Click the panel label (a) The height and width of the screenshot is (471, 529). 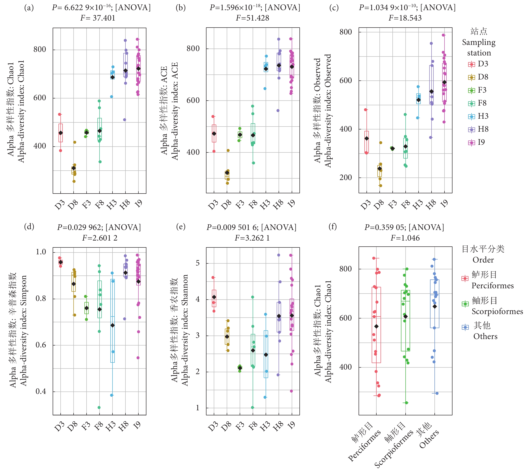[29, 8]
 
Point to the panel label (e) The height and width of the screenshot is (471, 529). [181, 227]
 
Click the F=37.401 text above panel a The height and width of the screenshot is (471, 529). [98, 18]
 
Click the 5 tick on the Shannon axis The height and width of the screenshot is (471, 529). [198, 263]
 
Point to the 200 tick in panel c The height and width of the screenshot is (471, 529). [345, 177]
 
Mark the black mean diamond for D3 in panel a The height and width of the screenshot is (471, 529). [61, 133]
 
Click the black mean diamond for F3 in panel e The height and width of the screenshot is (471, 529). [240, 368]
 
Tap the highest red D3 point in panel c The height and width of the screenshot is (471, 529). [365, 110]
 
